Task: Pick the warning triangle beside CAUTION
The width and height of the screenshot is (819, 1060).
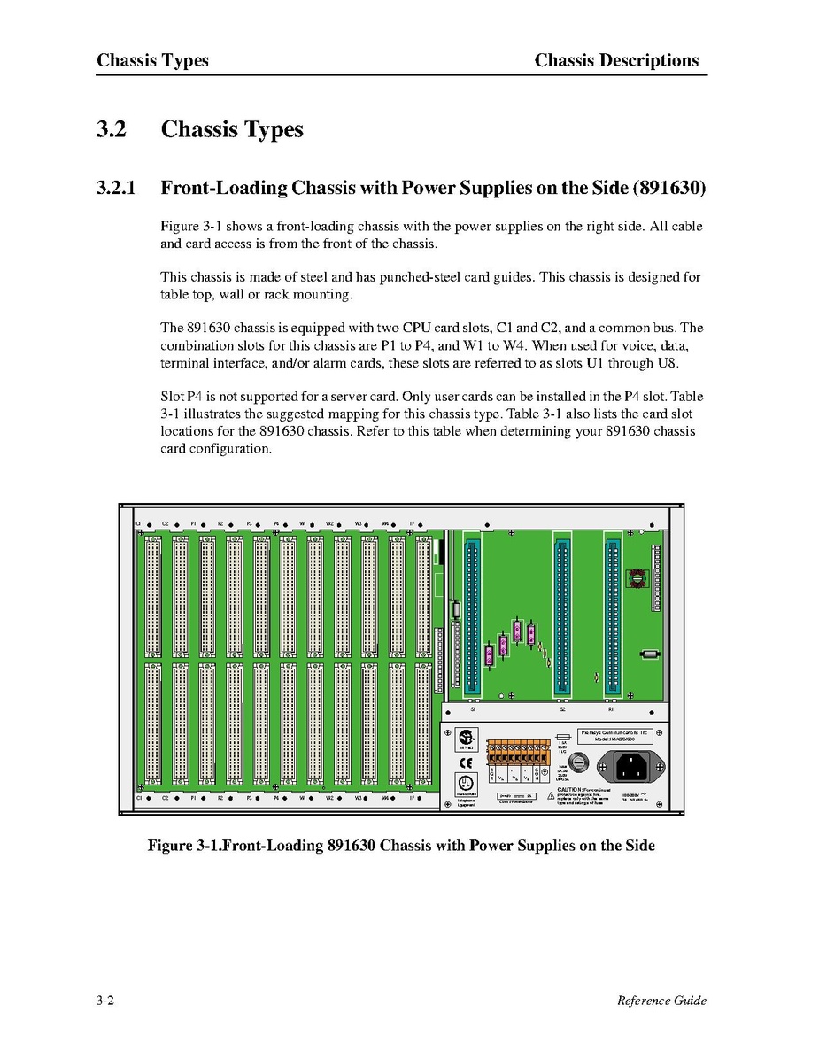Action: click(x=550, y=796)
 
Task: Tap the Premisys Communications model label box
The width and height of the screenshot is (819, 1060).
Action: click(x=614, y=737)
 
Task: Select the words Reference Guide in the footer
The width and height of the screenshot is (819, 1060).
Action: click(x=661, y=1001)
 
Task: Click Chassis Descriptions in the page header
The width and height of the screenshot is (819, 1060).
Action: click(x=616, y=61)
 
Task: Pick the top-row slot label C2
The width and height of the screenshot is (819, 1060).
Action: click(x=165, y=524)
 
